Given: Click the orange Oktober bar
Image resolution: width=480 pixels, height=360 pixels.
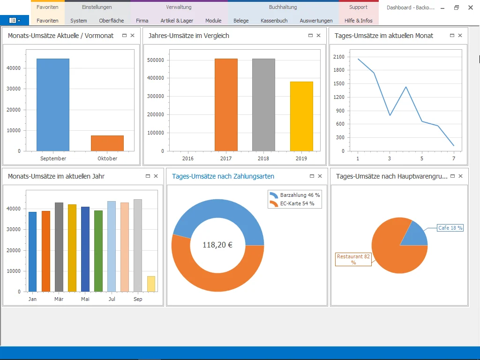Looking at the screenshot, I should pos(107,143).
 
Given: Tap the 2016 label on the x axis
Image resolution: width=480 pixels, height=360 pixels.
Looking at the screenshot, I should pos(188,158).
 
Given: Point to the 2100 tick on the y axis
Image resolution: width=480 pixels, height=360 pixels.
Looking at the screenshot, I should pos(338,57).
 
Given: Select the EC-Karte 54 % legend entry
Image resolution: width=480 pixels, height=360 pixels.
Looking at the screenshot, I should pos(293,203).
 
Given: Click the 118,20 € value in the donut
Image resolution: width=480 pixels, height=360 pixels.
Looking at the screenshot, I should pos(217,245).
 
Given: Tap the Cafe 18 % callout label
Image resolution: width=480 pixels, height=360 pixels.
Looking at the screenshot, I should pos(450,228).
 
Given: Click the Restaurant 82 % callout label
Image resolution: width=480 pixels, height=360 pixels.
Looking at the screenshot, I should pos(353,259).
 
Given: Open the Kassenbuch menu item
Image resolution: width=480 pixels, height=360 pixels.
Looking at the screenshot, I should pos(274,21).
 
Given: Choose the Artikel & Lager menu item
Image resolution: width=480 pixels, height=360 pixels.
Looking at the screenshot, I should pos(177,21).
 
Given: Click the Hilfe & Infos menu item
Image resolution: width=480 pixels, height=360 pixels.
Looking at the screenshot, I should pos(358,21).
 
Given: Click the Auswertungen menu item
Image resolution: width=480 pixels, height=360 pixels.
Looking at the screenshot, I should pos(316,21).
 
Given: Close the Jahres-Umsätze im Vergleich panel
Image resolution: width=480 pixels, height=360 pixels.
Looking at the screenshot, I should pos(319,36).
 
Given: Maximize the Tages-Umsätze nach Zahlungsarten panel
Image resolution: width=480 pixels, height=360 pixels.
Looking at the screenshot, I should pos(312,176).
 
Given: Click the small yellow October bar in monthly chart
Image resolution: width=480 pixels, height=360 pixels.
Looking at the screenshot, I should pos(151,284).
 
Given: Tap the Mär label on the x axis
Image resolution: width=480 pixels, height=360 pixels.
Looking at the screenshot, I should pos(59,299).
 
